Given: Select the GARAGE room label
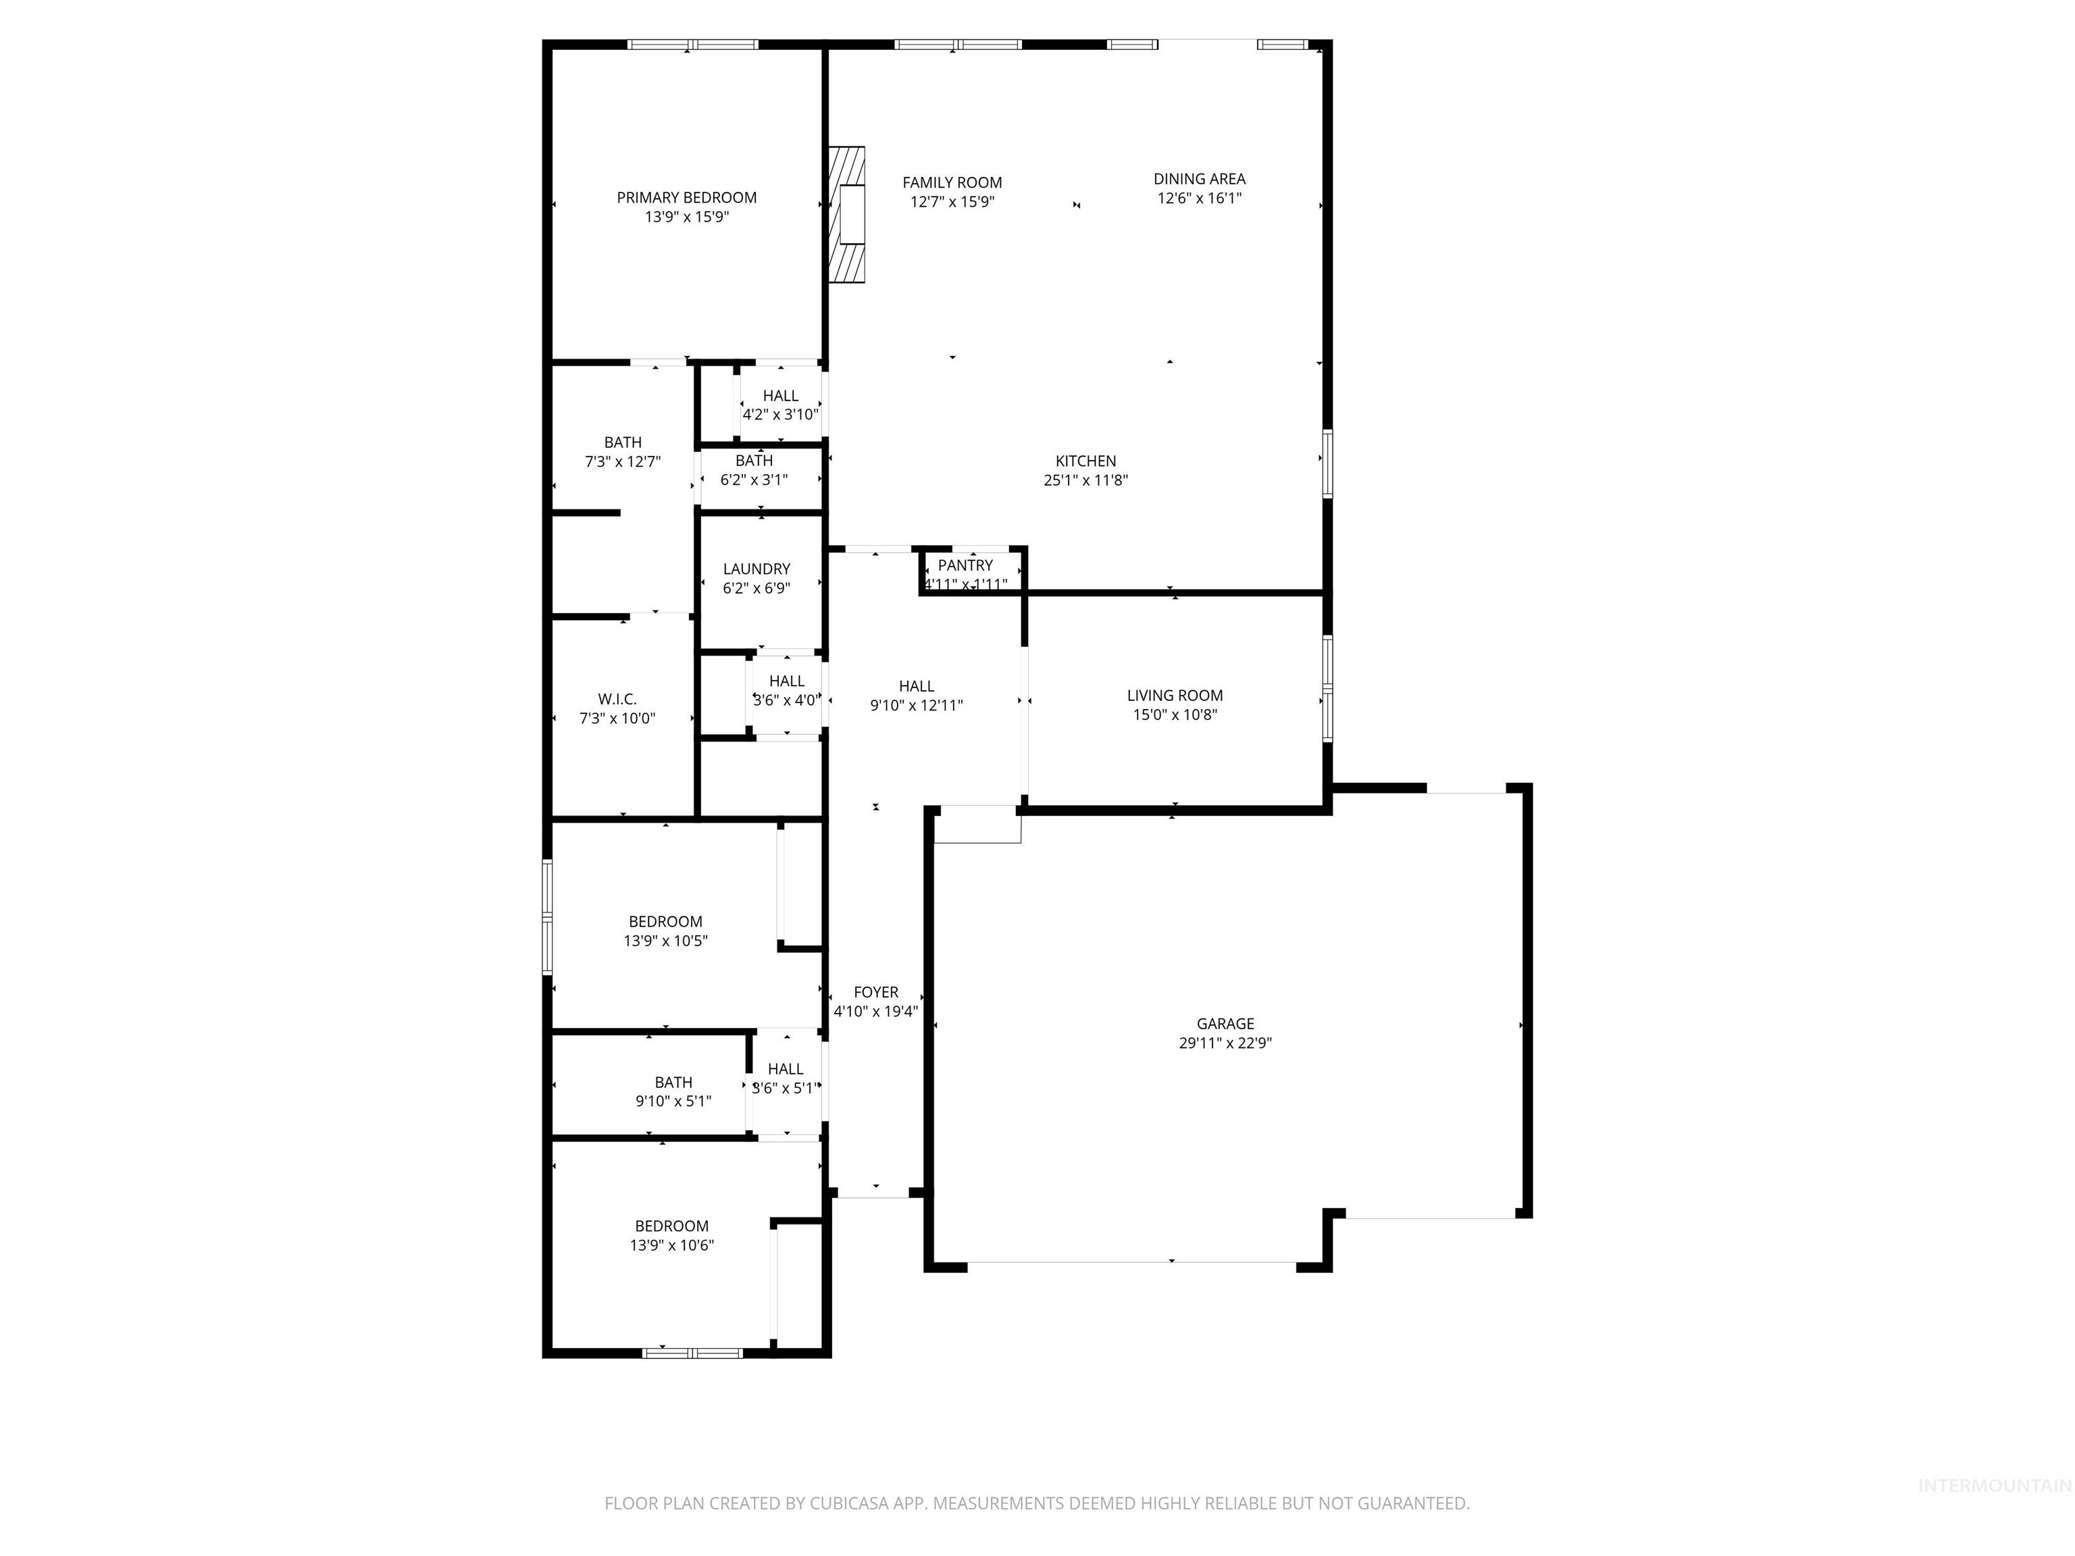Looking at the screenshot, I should click(x=1225, y=1023).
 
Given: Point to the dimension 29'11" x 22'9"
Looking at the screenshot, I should click(x=1225, y=1043).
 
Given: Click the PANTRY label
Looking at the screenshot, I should click(x=965, y=565).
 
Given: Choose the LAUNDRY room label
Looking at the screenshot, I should click(x=756, y=569).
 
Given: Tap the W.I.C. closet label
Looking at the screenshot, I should click(x=617, y=700).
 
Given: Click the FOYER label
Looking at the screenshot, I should click(x=875, y=992).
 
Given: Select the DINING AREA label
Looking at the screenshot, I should click(x=1199, y=178).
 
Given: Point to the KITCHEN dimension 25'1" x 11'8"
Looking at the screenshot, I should click(x=1085, y=480).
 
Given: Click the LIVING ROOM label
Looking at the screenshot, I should click(x=1175, y=695).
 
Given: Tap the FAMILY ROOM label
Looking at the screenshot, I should click(x=952, y=182).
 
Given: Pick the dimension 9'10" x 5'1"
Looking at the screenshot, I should click(x=673, y=1101).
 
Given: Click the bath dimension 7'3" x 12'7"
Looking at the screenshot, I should click(x=622, y=461).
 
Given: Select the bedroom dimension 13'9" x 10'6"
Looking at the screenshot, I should click(x=671, y=1245).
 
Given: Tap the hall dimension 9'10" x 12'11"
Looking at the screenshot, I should click(x=917, y=705).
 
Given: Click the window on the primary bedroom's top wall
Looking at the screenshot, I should click(x=692, y=44).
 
